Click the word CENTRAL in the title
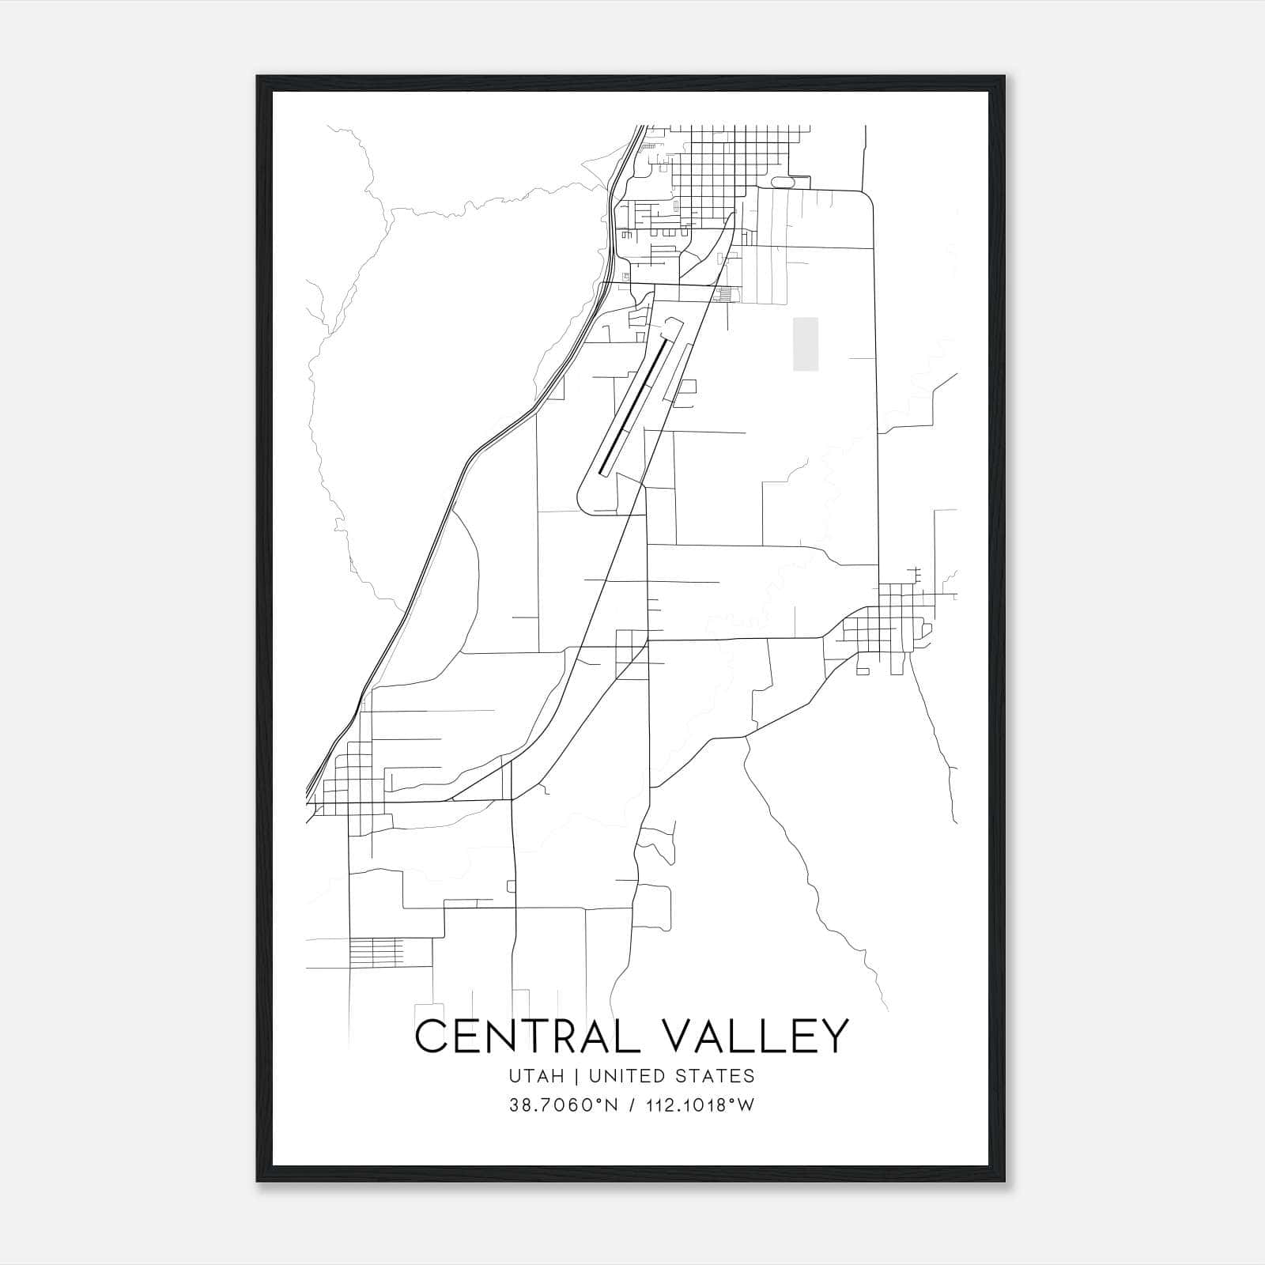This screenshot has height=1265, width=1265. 527,1036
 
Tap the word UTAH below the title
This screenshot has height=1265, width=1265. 537,1076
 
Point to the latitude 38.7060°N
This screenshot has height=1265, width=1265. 562,1105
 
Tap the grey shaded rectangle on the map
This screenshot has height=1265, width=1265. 806,344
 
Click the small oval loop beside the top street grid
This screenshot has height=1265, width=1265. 784,183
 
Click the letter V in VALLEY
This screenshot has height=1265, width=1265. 678,1036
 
